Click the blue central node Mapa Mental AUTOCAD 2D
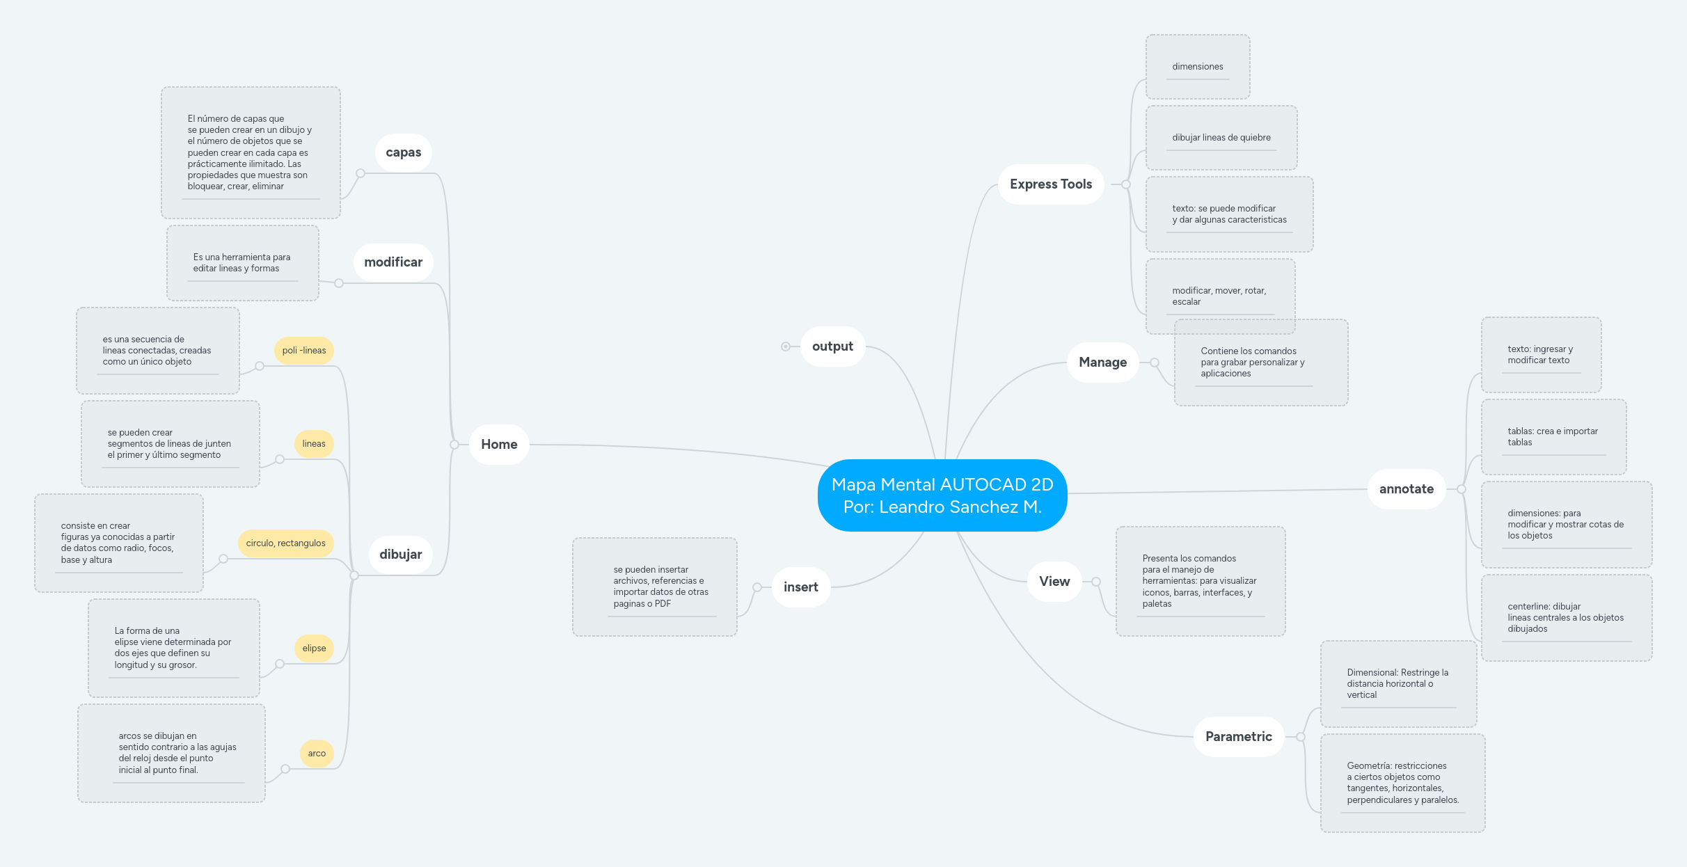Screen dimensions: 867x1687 pyautogui.click(x=942, y=495)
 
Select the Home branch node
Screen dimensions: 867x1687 pyautogui.click(x=499, y=445)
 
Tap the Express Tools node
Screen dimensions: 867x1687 pyautogui.click(x=1050, y=184)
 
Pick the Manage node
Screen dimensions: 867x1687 pyautogui.click(x=1102, y=363)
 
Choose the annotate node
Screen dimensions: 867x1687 pyautogui.click(x=1406, y=489)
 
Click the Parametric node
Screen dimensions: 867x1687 pyautogui.click(x=1238, y=737)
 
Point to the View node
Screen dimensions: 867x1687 pyautogui.click(x=1054, y=582)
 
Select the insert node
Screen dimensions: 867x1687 pyautogui.click(x=800, y=587)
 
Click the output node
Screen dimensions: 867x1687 pyautogui.click(x=832, y=347)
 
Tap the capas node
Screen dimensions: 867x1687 pyautogui.click(x=403, y=152)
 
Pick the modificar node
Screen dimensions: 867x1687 pyautogui.click(x=393, y=262)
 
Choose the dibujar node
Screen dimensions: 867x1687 pyautogui.click(x=400, y=555)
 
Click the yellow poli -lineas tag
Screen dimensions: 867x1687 pyautogui.click(x=304, y=351)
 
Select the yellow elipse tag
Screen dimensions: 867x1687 pyautogui.click(x=314, y=649)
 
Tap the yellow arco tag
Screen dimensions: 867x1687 pyautogui.click(x=317, y=754)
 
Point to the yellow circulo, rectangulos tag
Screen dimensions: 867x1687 pyautogui.click(x=285, y=543)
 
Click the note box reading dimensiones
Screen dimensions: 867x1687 pyautogui.click(x=1197, y=67)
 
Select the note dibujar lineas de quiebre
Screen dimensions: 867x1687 pyautogui.click(x=1221, y=138)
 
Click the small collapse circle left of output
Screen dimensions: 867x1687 pyautogui.click(x=786, y=347)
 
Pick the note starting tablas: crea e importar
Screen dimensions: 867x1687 pyautogui.click(x=1553, y=437)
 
